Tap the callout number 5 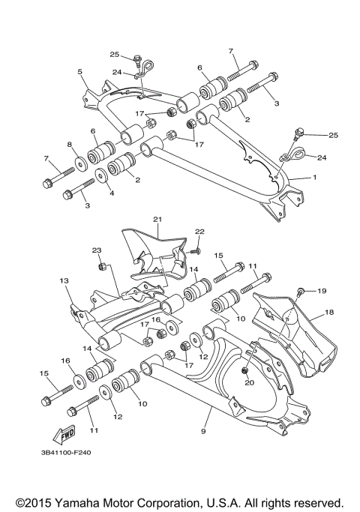point(79,71)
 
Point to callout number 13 point(64,280)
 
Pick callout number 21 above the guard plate point(157,219)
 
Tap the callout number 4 point(112,193)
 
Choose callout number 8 point(70,144)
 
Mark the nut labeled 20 point(245,371)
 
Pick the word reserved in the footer point(319,502)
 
